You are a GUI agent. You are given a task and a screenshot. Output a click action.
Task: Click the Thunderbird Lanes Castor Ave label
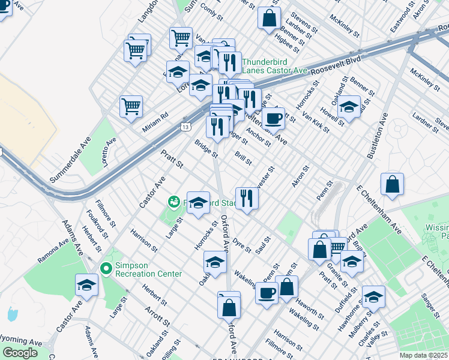274,66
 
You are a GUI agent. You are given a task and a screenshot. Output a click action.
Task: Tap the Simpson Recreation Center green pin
107,268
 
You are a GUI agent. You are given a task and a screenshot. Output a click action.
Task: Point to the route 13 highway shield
187,126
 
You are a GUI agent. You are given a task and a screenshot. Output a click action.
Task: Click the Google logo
20,352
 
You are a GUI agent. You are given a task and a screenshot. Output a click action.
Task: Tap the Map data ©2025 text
424,355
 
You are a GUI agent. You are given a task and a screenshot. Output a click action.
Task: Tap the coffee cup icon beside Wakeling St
267,293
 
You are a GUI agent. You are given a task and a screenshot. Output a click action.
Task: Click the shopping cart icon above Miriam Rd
131,107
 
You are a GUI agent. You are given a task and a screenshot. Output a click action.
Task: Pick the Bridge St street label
206,148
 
